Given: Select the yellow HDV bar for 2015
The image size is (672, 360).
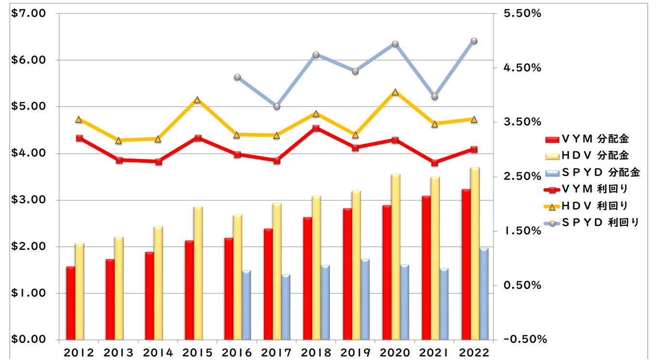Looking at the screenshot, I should pos(198,272).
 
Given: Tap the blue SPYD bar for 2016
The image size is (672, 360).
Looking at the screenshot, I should pos(247,305).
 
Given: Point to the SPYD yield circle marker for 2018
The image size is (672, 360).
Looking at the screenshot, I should pos(316,55).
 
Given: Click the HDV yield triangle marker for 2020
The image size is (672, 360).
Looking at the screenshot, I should pos(395,92).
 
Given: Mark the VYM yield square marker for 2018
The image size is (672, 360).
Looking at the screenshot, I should pos(316,128).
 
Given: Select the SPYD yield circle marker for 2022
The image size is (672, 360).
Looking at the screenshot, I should pos(474,41).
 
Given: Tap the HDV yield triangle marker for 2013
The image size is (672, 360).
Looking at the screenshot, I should pos(118,141).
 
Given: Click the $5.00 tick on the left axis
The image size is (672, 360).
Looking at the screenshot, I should pos(29,107).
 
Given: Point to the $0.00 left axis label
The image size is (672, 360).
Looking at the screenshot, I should pos(29,340).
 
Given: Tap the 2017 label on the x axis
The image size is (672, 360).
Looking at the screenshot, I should pos(276,352).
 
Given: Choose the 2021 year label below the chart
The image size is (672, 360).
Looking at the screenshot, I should pos(434,352).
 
